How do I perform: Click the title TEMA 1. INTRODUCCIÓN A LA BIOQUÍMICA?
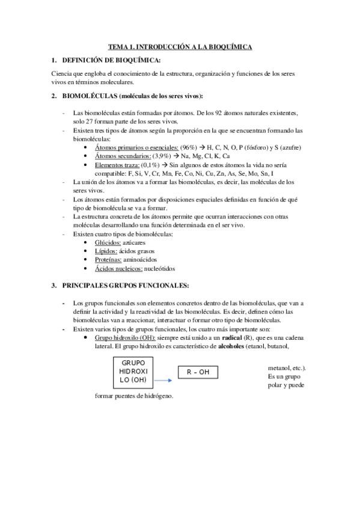click(x=180, y=46)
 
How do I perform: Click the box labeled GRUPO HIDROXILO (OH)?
click(x=133, y=372)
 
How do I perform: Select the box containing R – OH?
click(x=198, y=372)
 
